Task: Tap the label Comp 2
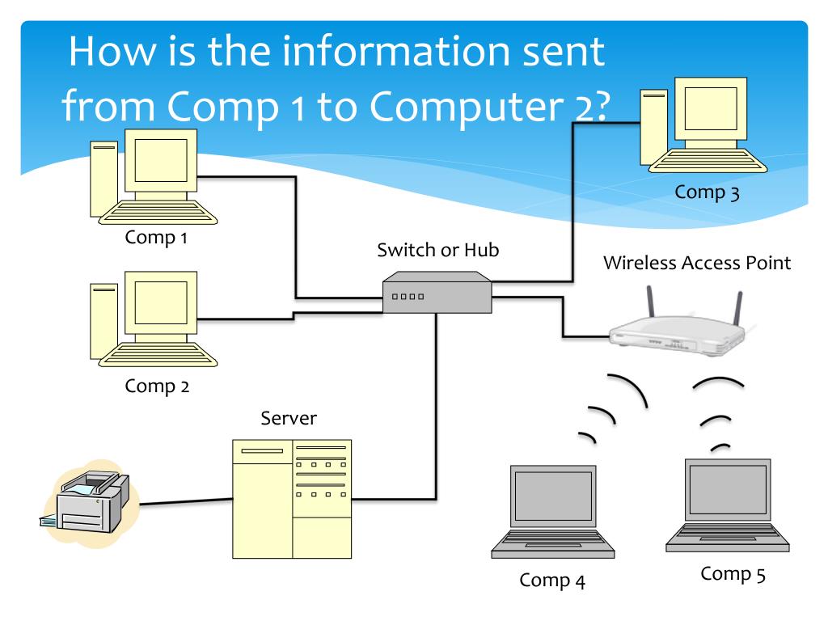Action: (x=158, y=386)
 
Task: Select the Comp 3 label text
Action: (x=708, y=192)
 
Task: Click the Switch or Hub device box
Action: (x=437, y=293)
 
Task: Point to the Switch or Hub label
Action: (x=437, y=250)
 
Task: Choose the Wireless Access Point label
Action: (x=697, y=263)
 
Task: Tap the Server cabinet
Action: (x=292, y=498)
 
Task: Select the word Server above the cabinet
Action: (x=289, y=418)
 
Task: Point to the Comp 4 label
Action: (x=552, y=580)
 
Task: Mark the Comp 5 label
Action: (x=733, y=574)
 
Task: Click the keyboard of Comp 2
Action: (x=158, y=353)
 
